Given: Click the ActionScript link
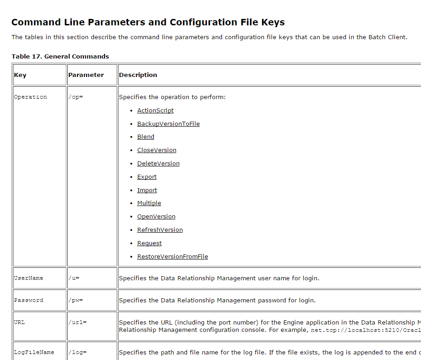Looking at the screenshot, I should [x=155, y=111].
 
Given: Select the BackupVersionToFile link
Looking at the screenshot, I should [x=168, y=124].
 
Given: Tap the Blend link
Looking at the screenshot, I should [x=146, y=137].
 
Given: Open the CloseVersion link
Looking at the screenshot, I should [x=157, y=150].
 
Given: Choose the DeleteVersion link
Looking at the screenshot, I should [x=158, y=164].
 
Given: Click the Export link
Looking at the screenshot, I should [x=146, y=177].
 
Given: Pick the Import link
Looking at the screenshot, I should [x=147, y=190].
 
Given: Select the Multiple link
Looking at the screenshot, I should [x=149, y=203].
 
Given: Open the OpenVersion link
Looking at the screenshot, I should [x=156, y=217].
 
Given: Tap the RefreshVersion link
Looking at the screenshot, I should [x=160, y=230].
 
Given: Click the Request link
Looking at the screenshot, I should [x=149, y=243].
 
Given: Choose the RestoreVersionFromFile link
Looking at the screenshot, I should [x=172, y=257].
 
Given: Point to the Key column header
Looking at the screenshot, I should [x=20, y=75].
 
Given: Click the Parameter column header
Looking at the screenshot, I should [x=86, y=75].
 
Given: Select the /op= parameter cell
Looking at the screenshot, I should [x=76, y=97].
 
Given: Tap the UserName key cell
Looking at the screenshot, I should [x=29, y=278].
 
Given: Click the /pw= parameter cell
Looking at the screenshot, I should [x=76, y=301].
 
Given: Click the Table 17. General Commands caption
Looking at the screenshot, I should [x=60, y=57].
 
